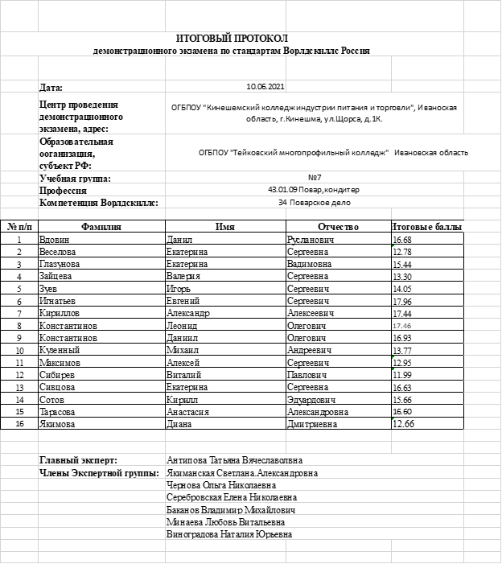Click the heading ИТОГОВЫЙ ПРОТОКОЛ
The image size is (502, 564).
click(x=232, y=38)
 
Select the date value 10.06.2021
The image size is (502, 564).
click(x=265, y=85)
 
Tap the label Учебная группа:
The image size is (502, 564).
click(x=75, y=178)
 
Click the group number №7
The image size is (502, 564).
click(x=315, y=177)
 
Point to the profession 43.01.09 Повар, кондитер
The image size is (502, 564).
click(x=314, y=190)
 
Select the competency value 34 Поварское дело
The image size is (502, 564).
click(x=314, y=203)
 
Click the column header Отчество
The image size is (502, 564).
click(x=338, y=227)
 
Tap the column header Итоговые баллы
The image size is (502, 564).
click(x=427, y=227)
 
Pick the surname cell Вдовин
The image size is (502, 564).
click(x=55, y=240)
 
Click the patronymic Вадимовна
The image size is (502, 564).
click(x=309, y=264)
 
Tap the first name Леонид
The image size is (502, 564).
click(x=181, y=326)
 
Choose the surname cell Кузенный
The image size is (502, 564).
click(x=59, y=351)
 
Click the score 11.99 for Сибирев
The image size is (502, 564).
click(x=402, y=375)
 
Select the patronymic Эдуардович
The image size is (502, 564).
click(x=311, y=400)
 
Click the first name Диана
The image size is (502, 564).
click(x=179, y=424)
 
